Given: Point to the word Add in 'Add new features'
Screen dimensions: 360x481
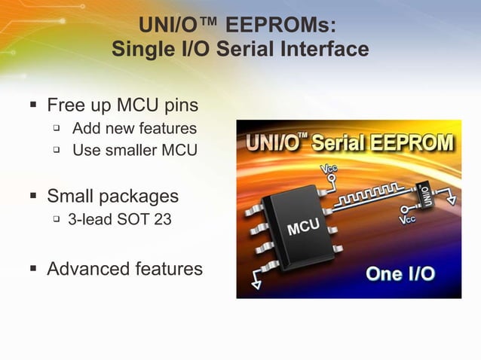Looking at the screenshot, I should (x=86, y=128).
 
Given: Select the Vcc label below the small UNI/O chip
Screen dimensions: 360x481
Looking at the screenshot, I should (x=408, y=219).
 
